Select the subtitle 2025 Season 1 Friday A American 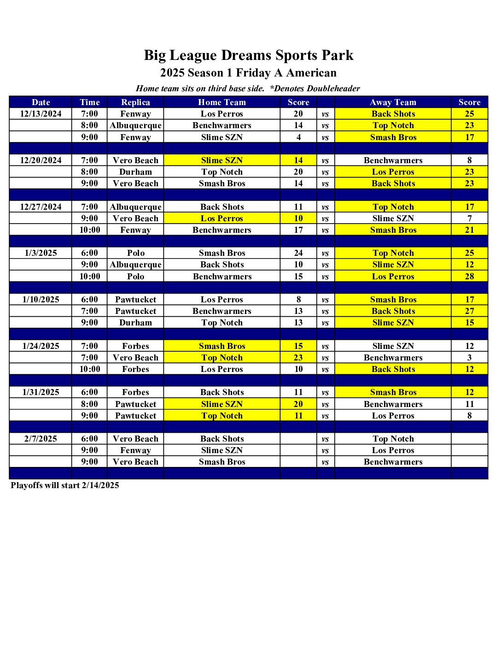click(248, 73)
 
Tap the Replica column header click(135, 102)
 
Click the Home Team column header click(222, 102)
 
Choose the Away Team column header click(393, 102)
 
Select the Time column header click(89, 102)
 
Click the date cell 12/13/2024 click(41, 114)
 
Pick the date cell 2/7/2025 click(41, 439)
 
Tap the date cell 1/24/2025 click(41, 346)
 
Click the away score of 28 click(469, 277)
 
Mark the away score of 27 click(469, 311)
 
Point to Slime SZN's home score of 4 click(298, 137)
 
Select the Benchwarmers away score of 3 click(469, 358)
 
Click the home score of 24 click(298, 253)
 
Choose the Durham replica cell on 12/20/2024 click(135, 172)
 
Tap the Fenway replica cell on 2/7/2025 click(135, 450)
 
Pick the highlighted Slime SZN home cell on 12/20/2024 click(222, 160)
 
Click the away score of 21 click(469, 230)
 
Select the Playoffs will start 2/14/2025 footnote click(65, 485)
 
